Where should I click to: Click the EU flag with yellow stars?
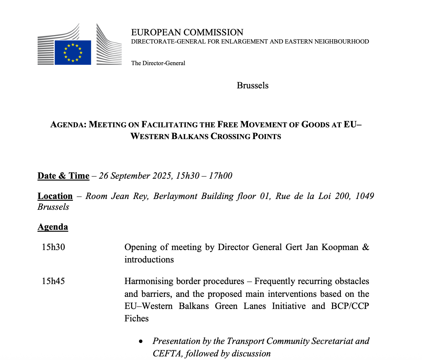click(73, 52)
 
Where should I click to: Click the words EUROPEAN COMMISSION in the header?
click(187, 32)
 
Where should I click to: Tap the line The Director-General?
click(158, 63)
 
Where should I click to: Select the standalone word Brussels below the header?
click(253, 85)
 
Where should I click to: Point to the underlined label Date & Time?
click(63, 176)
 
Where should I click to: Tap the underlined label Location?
click(55, 196)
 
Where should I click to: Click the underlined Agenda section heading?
click(53, 227)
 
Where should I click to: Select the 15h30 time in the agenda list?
click(53, 247)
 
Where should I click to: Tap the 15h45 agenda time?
click(53, 281)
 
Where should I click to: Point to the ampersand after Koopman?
click(366, 247)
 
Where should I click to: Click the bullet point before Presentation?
click(141, 341)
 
